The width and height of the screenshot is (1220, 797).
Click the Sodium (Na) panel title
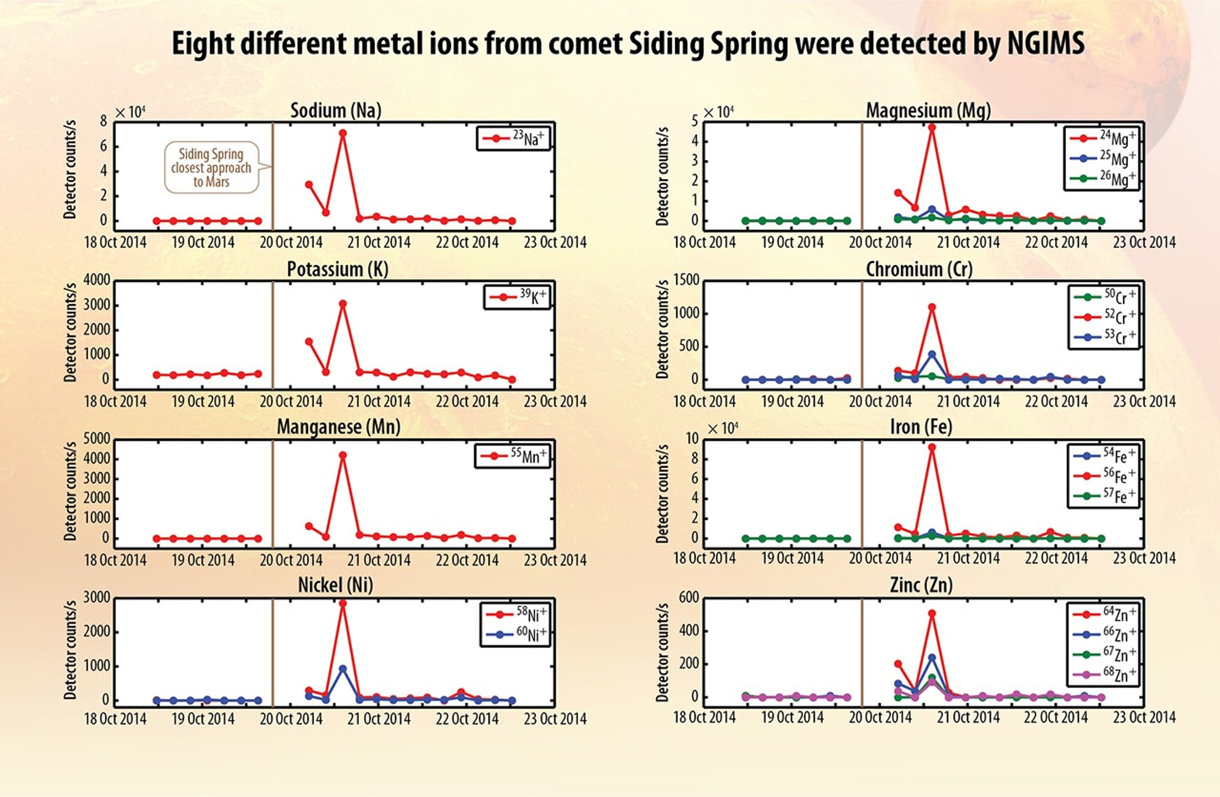(336, 111)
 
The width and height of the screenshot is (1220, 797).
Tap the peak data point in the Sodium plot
(343, 133)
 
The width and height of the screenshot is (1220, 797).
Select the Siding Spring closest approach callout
(211, 168)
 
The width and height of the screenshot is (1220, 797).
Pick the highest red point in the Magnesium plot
(932, 127)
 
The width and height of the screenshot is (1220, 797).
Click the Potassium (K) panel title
(337, 269)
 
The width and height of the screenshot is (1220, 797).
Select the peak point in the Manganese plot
(343, 455)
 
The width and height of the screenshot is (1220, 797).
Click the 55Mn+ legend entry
(512, 456)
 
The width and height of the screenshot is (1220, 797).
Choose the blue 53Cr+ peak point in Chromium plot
(932, 354)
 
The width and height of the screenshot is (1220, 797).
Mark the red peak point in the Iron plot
(932, 447)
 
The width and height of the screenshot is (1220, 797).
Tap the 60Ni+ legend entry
(516, 634)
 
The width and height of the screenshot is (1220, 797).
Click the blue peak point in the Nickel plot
(343, 669)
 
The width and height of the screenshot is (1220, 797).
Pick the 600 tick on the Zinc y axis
(689, 598)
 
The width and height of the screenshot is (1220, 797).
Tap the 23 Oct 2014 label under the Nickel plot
(555, 719)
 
